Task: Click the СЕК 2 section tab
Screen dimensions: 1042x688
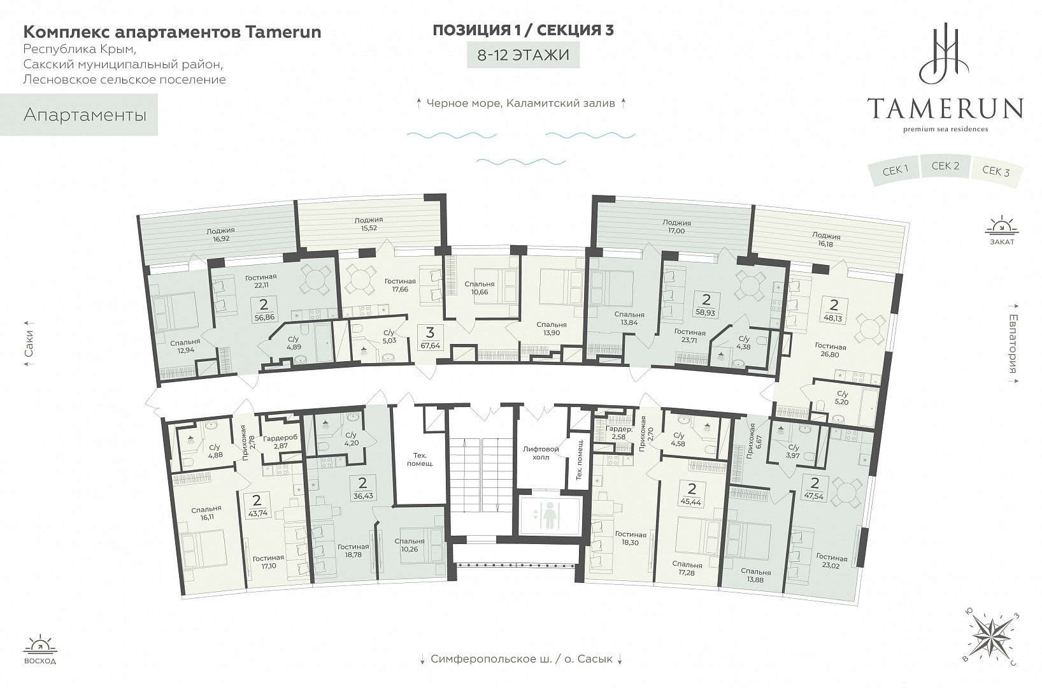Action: [945, 166]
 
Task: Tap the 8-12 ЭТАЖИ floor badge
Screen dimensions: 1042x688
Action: [524, 55]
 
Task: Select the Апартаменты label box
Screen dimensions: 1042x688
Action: [79, 115]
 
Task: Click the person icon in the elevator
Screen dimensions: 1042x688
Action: [550, 515]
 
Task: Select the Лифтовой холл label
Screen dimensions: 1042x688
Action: [541, 453]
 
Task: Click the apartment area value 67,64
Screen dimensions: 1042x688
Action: [430, 346]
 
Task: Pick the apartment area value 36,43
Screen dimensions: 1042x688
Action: [363, 496]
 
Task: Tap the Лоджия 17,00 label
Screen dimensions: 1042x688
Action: [676, 227]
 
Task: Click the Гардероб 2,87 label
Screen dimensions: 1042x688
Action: [280, 441]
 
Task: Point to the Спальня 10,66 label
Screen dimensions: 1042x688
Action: [479, 288]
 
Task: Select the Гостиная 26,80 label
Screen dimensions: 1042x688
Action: [831, 351]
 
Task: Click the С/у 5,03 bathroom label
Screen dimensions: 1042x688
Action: [389, 336]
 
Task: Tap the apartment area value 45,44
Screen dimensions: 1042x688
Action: [692, 503]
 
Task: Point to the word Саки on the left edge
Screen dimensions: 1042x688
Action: [29, 343]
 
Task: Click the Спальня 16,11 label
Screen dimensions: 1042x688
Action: [206, 513]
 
